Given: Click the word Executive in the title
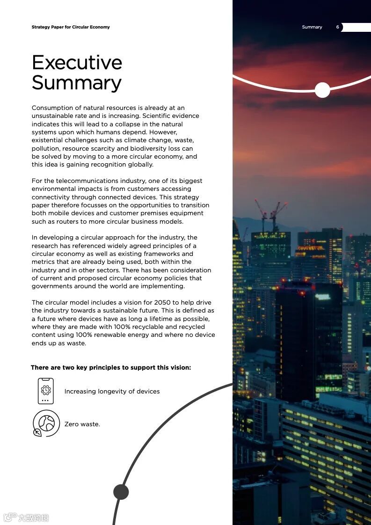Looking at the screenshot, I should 77,63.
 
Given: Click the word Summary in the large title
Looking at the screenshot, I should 77,83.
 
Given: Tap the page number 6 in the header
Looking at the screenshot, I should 337,27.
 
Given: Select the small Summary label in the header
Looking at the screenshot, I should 312,27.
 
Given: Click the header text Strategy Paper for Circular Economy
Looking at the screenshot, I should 71,27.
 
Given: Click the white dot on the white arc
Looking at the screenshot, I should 322,90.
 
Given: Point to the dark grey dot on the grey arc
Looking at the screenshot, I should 121,492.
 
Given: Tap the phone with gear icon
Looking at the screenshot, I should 46,391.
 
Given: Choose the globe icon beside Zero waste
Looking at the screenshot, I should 46,423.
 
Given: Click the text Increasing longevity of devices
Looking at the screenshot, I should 112,391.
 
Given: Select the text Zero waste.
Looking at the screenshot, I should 82,424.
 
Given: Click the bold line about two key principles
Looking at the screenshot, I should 111,367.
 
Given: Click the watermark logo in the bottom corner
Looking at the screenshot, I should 27,518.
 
